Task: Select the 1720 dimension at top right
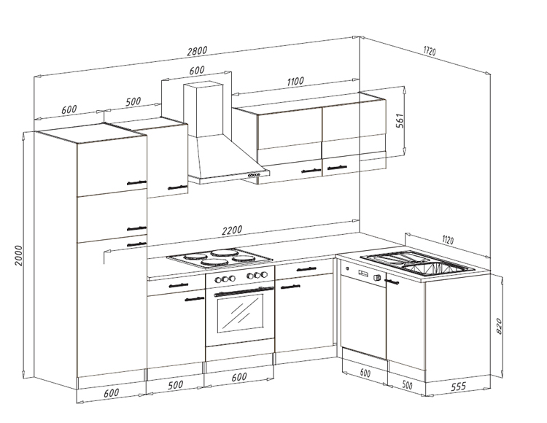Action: [x=429, y=52]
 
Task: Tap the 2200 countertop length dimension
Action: [x=231, y=231]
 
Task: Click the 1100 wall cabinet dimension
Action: [x=295, y=82]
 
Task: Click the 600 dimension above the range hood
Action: [x=197, y=71]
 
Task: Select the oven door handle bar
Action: [x=239, y=291]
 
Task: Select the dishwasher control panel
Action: [x=365, y=276]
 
